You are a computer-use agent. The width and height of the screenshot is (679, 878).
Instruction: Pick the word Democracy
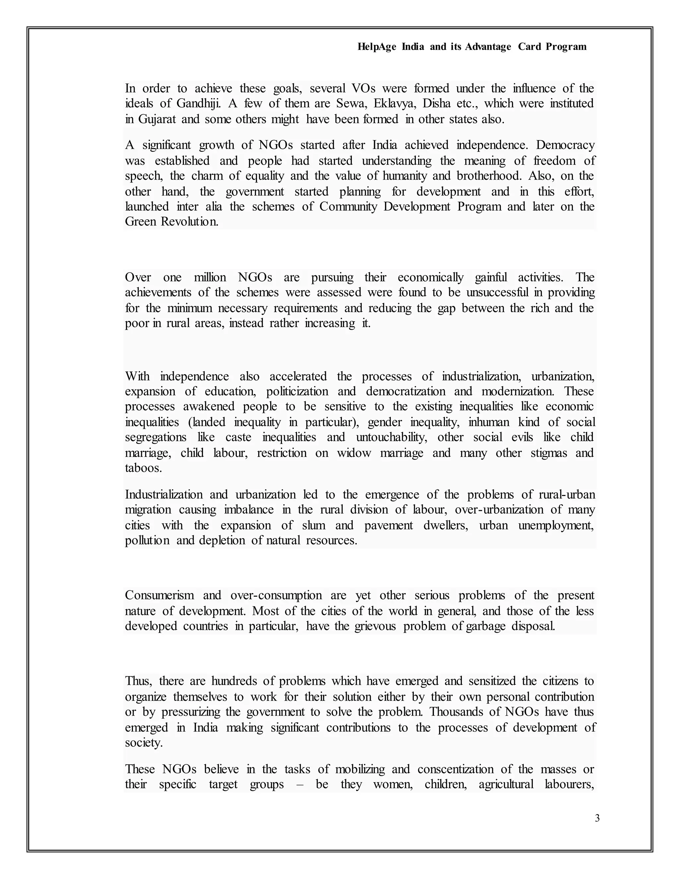tap(565, 145)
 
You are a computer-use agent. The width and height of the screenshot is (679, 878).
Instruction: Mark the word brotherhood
tap(489, 176)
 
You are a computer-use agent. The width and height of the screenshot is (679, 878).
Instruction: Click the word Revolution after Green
tap(189, 222)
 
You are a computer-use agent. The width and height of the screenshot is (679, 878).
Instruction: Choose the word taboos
tap(143, 468)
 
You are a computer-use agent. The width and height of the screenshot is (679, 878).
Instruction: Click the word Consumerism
tap(159, 595)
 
